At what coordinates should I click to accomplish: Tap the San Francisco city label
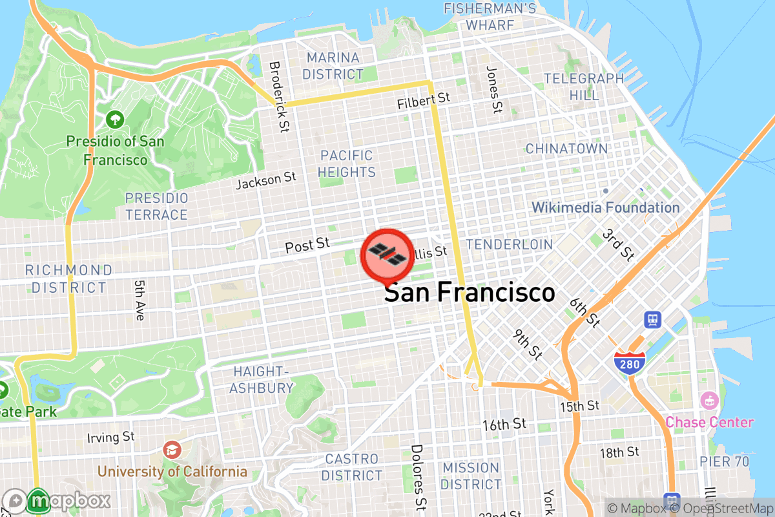(x=470, y=293)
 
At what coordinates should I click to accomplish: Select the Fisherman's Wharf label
(x=490, y=17)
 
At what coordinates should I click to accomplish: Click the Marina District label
(x=333, y=66)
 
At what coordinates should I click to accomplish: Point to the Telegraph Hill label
(x=584, y=87)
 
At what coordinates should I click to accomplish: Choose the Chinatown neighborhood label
(x=566, y=149)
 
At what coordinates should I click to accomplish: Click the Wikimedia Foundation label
(x=606, y=207)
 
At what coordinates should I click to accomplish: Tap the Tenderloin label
(x=510, y=244)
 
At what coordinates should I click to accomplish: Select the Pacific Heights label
(x=347, y=164)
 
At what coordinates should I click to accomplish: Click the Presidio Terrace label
(x=156, y=206)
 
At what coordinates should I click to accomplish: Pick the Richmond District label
(x=68, y=279)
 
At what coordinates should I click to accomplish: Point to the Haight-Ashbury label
(x=262, y=379)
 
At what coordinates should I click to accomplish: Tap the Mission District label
(x=471, y=476)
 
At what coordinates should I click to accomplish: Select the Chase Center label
(x=709, y=422)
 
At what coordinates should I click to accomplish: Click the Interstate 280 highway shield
(x=629, y=363)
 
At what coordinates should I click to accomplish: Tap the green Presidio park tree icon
(x=114, y=120)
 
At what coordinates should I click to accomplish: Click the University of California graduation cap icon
(x=172, y=449)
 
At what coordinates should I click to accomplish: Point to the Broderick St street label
(x=278, y=97)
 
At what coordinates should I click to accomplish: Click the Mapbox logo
(x=58, y=501)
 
